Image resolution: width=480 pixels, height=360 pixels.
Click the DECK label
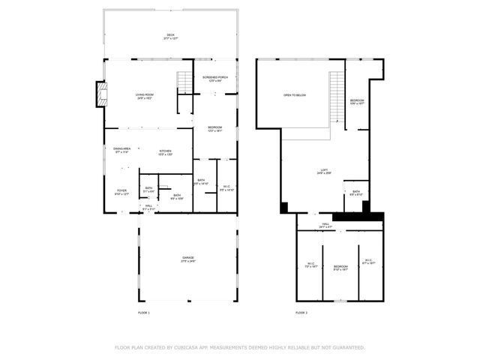click(169, 36)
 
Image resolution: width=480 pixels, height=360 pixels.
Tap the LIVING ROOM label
click(145, 95)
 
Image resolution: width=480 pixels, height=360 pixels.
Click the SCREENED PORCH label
click(216, 78)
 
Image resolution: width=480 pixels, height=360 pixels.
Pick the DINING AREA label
click(122, 150)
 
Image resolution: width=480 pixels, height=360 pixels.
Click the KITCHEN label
click(166, 152)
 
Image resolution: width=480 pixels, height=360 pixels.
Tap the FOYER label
click(121, 192)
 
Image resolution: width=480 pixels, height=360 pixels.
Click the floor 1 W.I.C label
click(226, 188)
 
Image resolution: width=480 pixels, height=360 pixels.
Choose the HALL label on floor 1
click(148, 207)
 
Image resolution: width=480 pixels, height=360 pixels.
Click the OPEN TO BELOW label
click(295, 95)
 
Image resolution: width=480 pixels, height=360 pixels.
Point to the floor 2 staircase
click(336, 98)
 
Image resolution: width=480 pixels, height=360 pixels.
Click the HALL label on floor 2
click(326, 224)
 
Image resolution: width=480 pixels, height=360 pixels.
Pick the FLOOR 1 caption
click(144, 312)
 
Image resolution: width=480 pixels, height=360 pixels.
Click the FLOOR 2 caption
click(301, 312)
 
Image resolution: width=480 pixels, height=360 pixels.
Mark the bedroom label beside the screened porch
click(215, 129)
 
